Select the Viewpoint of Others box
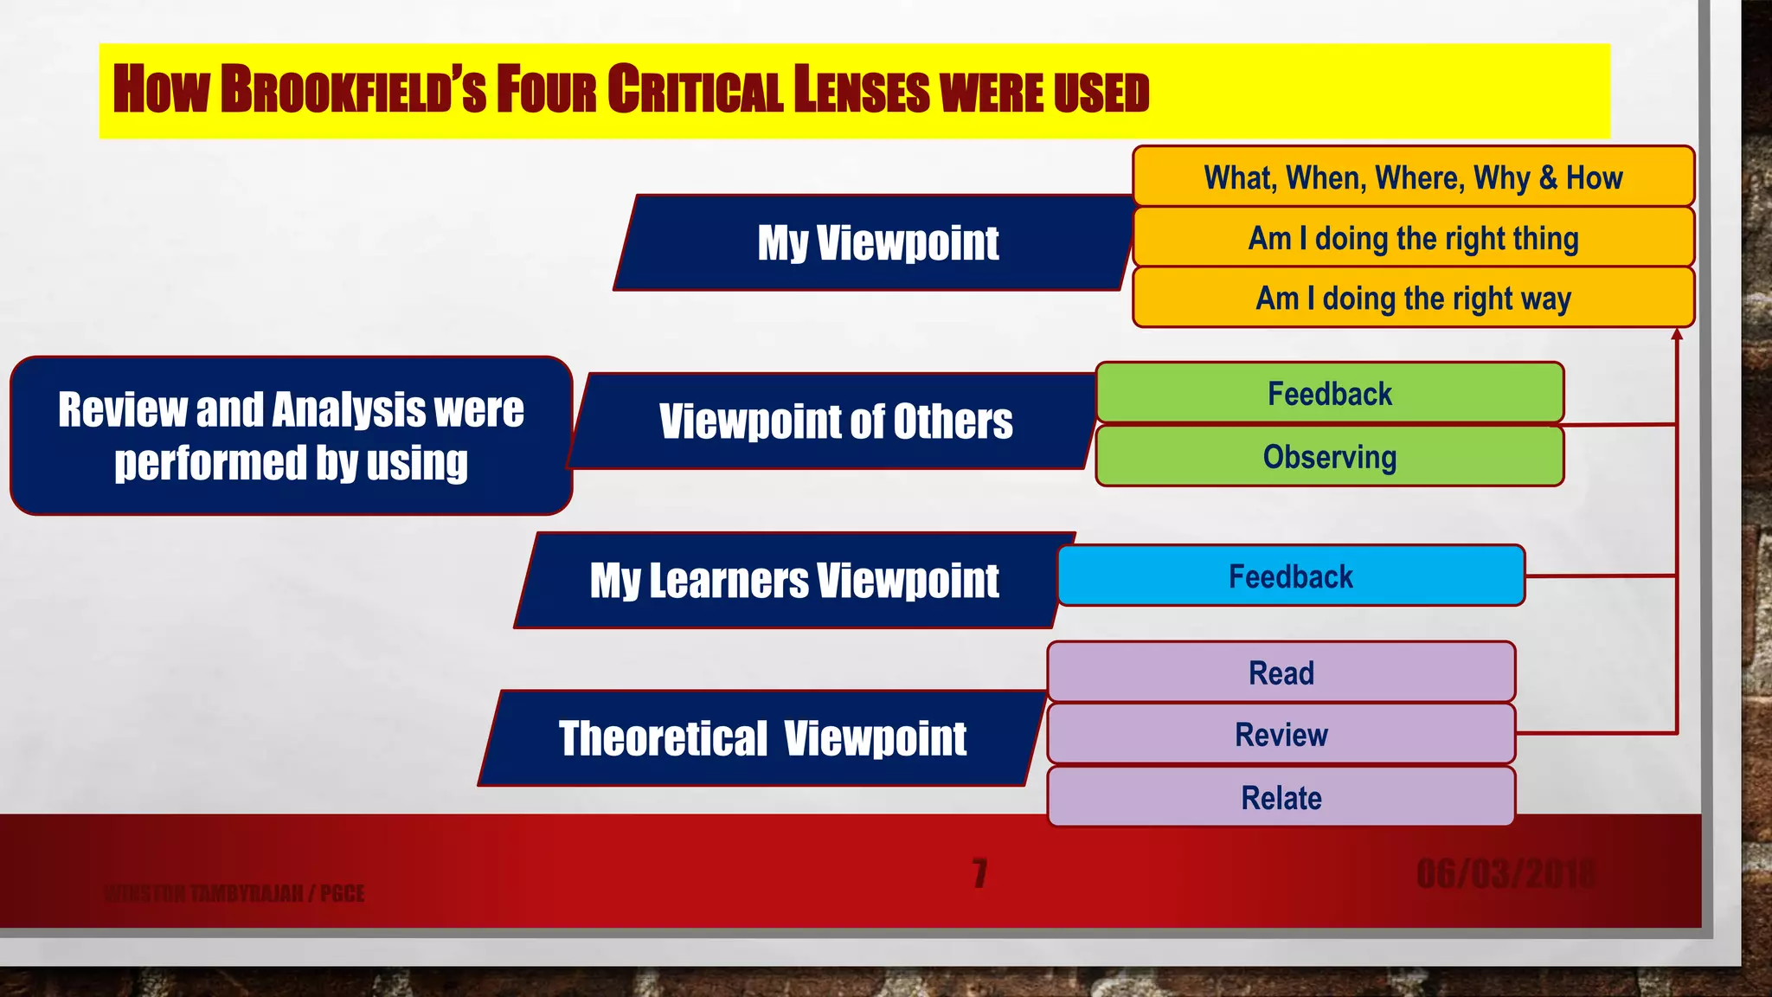pyautogui.click(x=834, y=422)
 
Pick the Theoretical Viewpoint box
pyautogui.click(x=761, y=739)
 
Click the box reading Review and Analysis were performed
pyautogui.click(x=291, y=435)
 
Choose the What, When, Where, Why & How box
pyautogui.click(x=1412, y=177)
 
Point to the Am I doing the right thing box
pyautogui.click(x=1412, y=238)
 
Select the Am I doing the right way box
pyautogui.click(x=1412, y=299)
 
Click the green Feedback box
pyautogui.click(x=1329, y=394)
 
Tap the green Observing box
pyautogui.click(x=1329, y=457)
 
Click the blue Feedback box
pyautogui.click(x=1290, y=576)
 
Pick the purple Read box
pyautogui.click(x=1281, y=672)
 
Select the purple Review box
pyautogui.click(x=1281, y=735)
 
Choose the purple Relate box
pyautogui.click(x=1281, y=797)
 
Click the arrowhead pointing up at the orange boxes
pyautogui.click(x=1677, y=335)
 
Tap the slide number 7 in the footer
pyautogui.click(x=979, y=873)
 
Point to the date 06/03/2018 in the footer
pyautogui.click(x=1506, y=874)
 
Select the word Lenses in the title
pyautogui.click(x=862, y=90)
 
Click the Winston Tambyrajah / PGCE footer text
pyautogui.click(x=234, y=893)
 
